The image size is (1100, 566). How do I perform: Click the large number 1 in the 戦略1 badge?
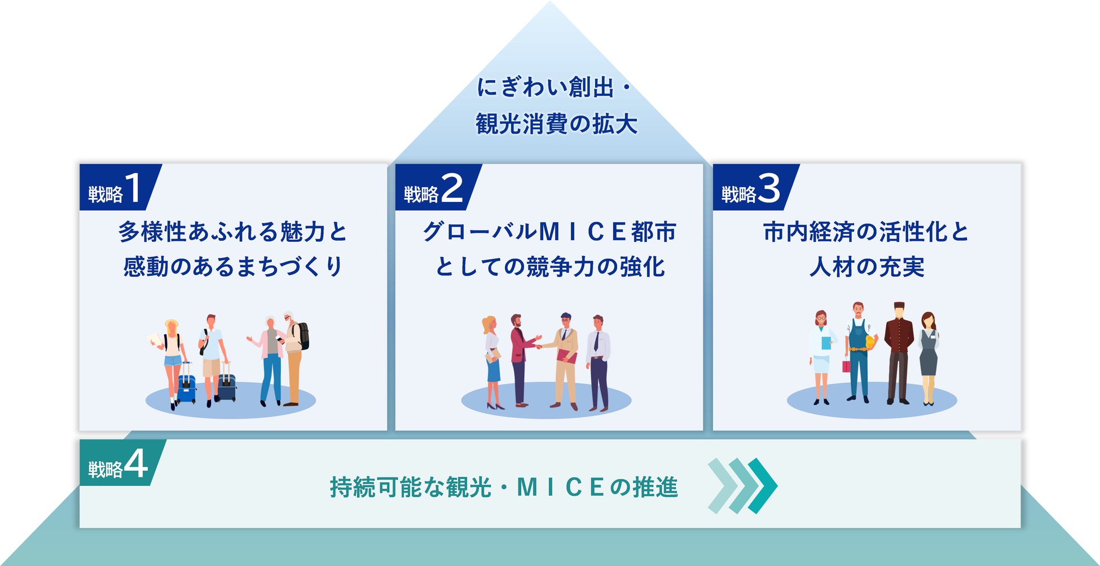click(134, 188)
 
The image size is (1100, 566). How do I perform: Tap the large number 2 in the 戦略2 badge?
click(452, 188)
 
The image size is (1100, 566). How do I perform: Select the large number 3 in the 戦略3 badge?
click(769, 188)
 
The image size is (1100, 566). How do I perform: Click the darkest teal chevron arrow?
click(763, 485)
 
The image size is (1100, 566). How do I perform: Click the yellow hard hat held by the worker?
click(872, 341)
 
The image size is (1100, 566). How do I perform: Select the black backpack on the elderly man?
click(303, 335)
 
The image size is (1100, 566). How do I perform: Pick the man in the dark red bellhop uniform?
click(898, 352)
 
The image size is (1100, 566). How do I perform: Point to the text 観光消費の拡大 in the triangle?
click(556, 124)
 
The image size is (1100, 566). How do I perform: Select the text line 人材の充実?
click(867, 267)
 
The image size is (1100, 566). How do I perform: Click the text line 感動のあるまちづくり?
click(233, 267)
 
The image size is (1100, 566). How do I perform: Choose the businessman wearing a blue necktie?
click(598, 361)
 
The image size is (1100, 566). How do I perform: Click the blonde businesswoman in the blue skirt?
click(492, 361)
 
